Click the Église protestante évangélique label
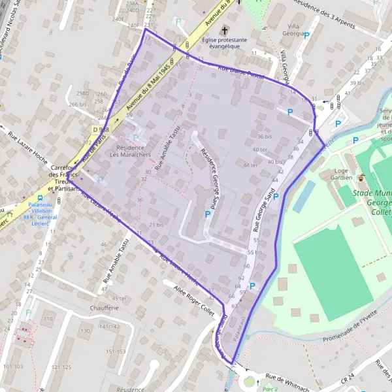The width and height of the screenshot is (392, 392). pos(224,43)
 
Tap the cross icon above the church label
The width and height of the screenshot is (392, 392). pos(224,31)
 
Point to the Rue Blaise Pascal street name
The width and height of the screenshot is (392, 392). pos(241,73)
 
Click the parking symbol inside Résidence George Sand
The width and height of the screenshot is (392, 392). pos(208,214)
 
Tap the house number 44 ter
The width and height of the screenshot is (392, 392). pos(250,165)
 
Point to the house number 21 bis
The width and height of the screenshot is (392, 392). pos(156,225)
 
